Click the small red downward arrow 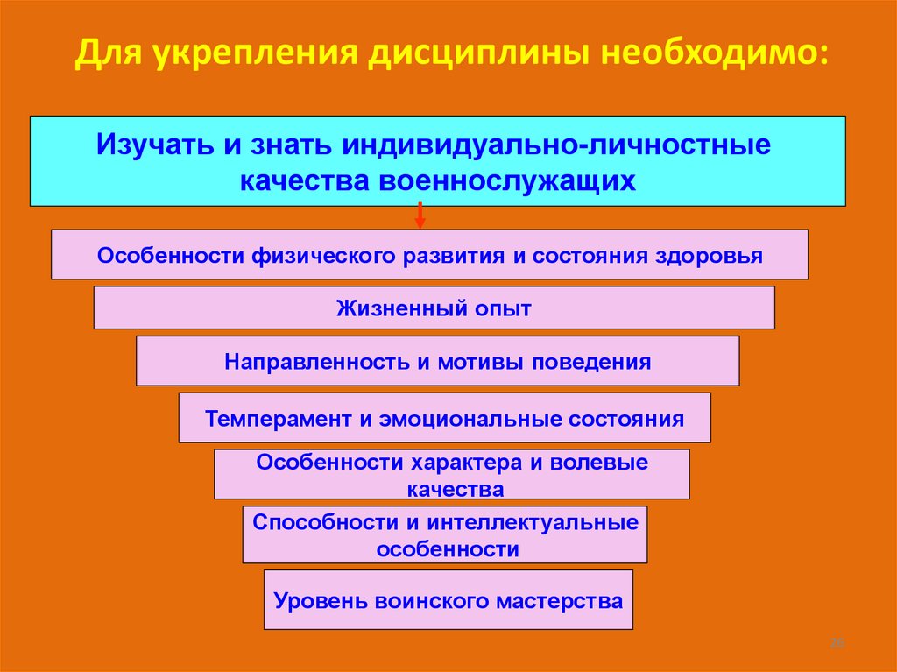(x=420, y=216)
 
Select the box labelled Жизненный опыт (x=434, y=308)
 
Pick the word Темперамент (x=278, y=418)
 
